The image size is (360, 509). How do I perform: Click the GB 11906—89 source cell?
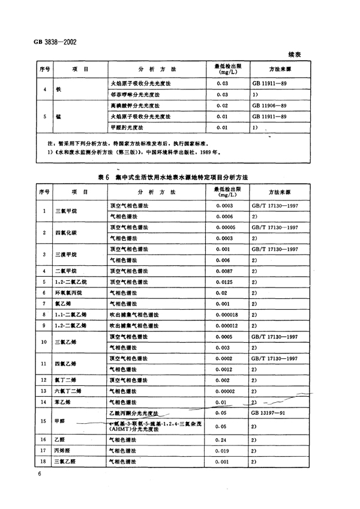pos(270,105)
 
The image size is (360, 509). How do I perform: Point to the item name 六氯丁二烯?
pos(67,391)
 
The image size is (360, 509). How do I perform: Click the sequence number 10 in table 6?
pos(44,342)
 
